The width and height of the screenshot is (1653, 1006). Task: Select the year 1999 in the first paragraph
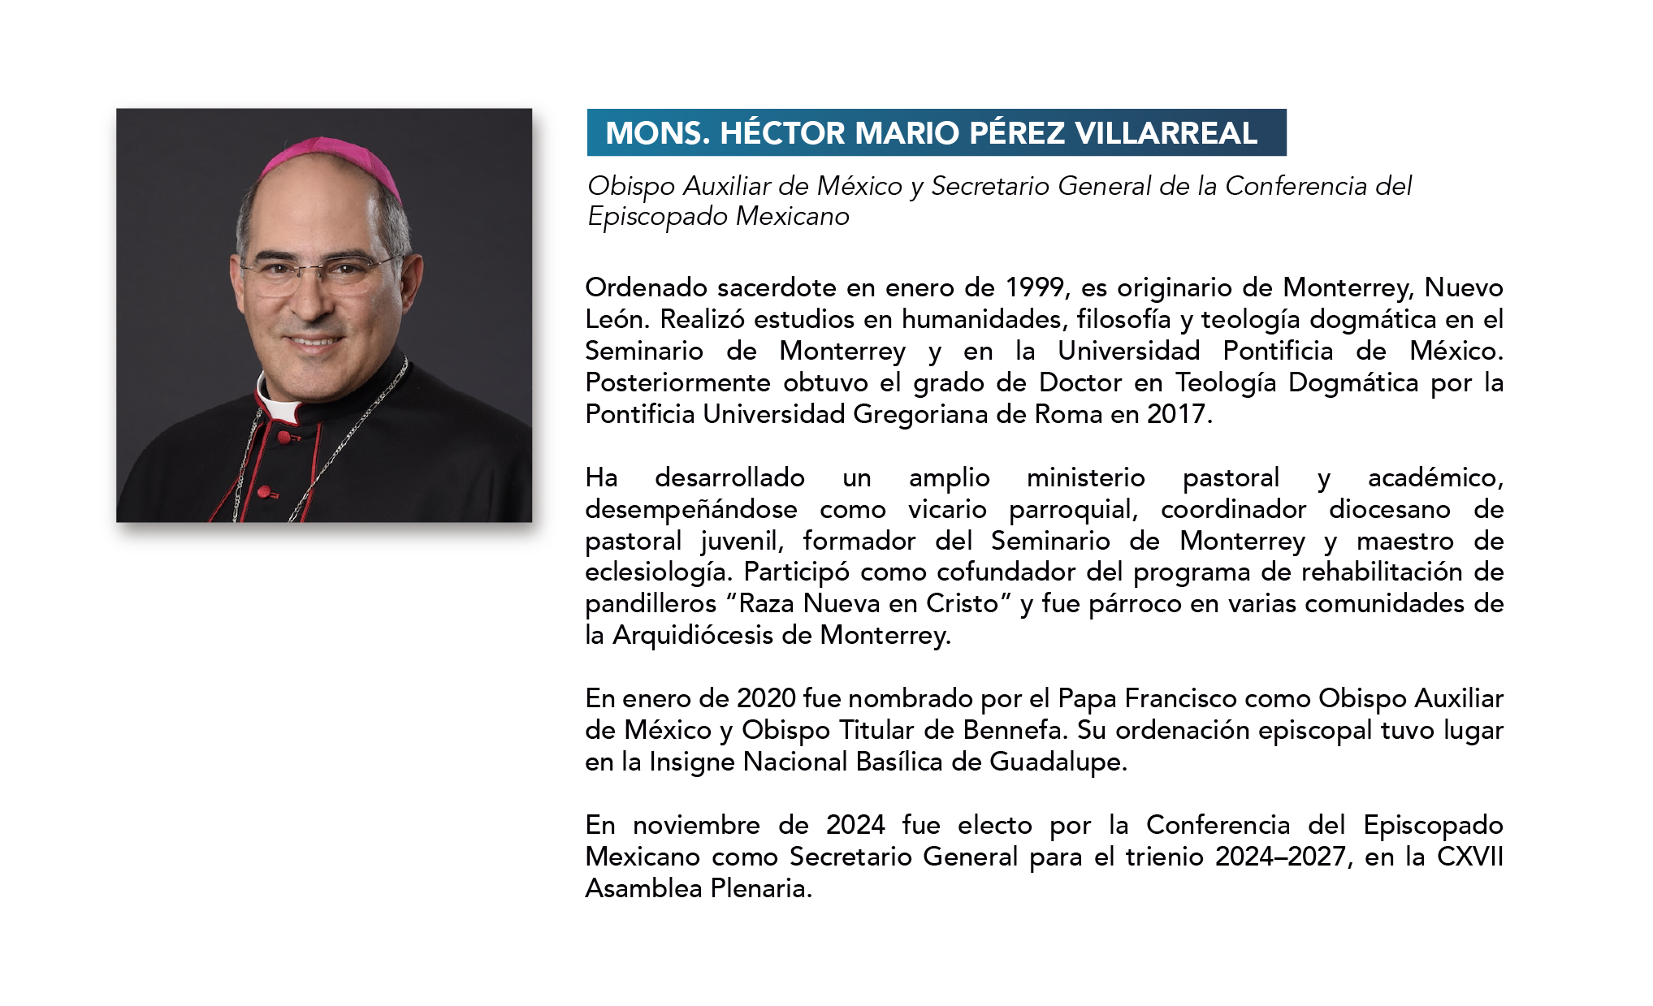point(1035,287)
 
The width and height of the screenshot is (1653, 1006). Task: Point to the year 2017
point(1177,414)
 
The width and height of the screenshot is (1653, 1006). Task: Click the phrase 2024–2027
point(1280,857)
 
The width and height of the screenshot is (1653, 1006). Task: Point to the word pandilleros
point(650,604)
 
